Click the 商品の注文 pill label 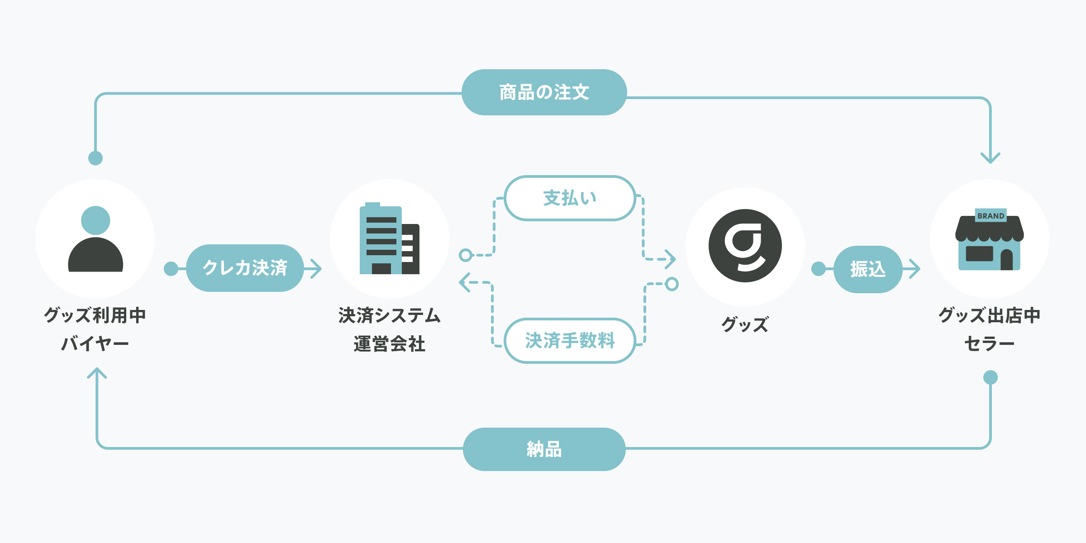coord(544,92)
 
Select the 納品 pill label coord(544,449)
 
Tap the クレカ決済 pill coord(245,268)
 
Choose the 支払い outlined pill coord(570,198)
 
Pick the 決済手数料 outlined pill coord(570,340)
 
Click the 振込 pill coord(868,269)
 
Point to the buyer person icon coord(95,239)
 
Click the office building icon coord(390,238)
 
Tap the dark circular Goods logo coord(745,246)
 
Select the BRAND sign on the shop coord(991,216)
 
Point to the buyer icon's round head coord(95,220)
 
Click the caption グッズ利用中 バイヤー coord(95,329)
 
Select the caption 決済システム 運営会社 coord(390,329)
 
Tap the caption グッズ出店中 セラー coord(990,329)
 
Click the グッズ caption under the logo coord(745,324)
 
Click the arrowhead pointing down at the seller coord(991,158)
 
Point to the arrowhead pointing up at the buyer coord(97,373)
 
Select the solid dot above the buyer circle coord(95,158)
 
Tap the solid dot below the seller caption coord(991,377)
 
